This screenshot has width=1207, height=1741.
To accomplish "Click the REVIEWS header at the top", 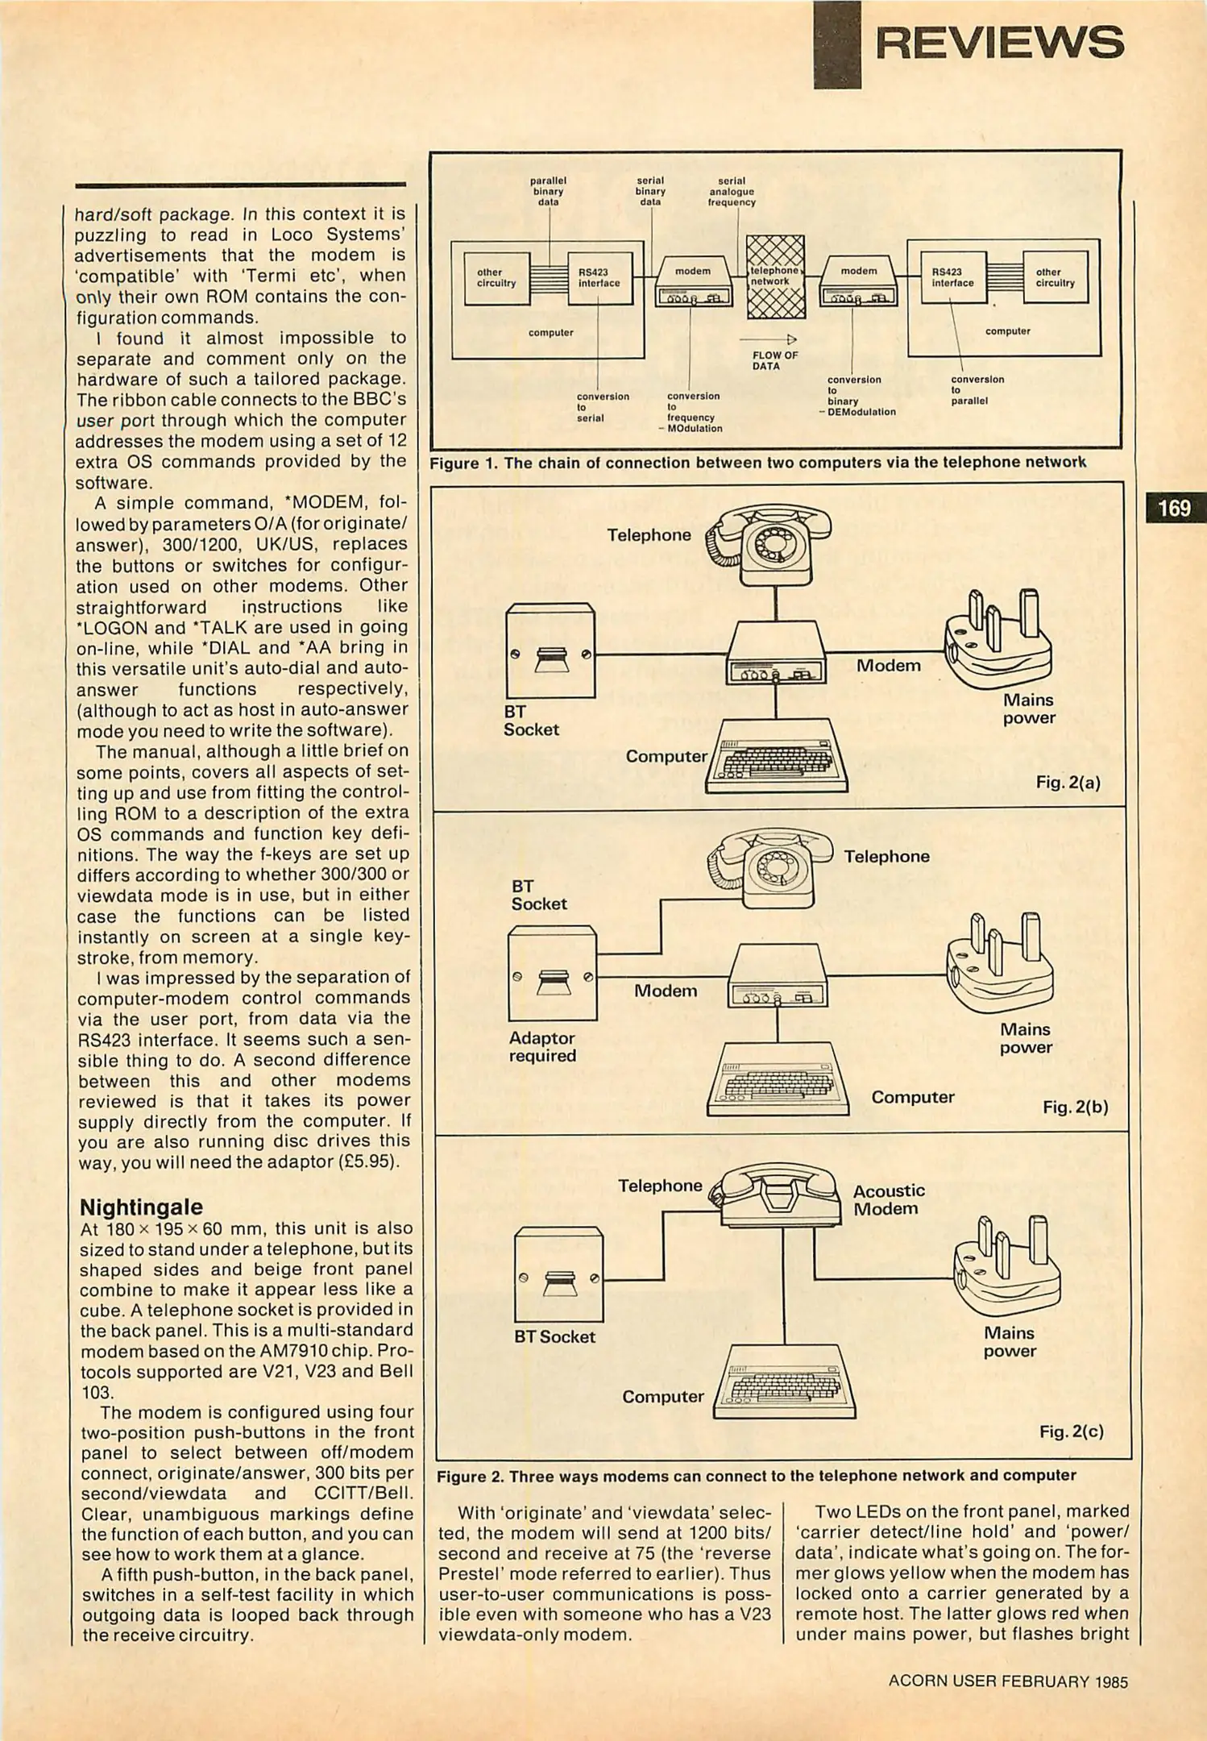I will [999, 43].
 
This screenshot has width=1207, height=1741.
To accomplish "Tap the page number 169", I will [1174, 508].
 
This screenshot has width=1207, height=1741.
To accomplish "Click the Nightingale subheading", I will [141, 1207].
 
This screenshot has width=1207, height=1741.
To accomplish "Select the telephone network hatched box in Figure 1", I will [775, 276].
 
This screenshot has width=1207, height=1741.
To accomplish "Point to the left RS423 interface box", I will [599, 278].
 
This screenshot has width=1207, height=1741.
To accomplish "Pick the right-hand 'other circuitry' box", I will [1055, 278].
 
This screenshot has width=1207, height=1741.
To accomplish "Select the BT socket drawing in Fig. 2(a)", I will [550, 651].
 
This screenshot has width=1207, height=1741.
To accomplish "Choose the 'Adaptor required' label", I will [542, 1047].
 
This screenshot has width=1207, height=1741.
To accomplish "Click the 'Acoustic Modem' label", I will [889, 1199].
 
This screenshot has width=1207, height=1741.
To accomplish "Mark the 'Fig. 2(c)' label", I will [1071, 1431].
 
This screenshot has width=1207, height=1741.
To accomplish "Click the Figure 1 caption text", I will [757, 463].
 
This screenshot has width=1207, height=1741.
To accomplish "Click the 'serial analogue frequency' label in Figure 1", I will [732, 192].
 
